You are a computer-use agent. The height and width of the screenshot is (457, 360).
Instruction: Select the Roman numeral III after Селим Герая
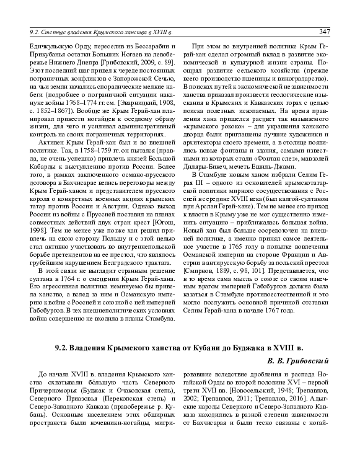tap(208, 184)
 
